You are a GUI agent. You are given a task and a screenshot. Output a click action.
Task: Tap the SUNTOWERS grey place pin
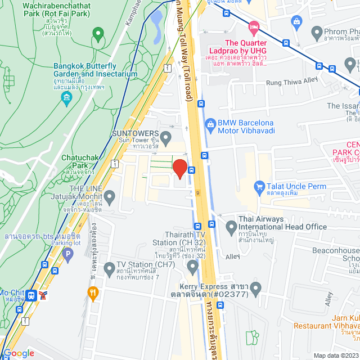(x=165, y=137)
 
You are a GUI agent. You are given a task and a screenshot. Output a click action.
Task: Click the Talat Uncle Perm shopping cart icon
(x=259, y=186)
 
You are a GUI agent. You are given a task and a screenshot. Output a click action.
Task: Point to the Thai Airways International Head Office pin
(x=231, y=227)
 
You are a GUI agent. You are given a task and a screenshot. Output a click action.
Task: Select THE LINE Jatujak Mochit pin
(x=109, y=197)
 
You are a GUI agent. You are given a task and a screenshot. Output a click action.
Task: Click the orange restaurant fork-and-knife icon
(x=93, y=292)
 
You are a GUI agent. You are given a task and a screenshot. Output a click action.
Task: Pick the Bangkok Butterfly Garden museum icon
(x=67, y=99)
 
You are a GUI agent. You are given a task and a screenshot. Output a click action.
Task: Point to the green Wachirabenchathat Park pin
(x=98, y=35)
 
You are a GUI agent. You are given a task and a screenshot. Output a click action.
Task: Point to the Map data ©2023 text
(x=336, y=355)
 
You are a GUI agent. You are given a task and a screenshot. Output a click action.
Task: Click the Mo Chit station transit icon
(x=31, y=294)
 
